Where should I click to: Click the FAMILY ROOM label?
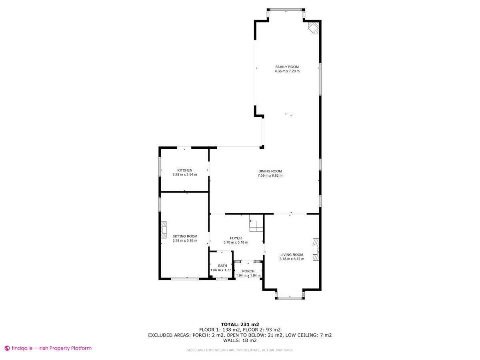click(x=287, y=67)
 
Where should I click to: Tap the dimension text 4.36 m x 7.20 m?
click(x=287, y=71)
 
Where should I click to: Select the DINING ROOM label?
click(x=270, y=171)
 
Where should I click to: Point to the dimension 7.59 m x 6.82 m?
click(x=270, y=176)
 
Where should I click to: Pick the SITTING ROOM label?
click(x=185, y=236)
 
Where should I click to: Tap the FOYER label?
click(x=236, y=238)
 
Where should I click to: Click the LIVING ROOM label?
click(x=292, y=254)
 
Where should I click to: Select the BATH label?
click(x=222, y=266)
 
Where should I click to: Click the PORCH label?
click(x=248, y=271)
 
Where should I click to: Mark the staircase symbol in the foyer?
click(x=256, y=224)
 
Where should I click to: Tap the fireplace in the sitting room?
click(x=163, y=230)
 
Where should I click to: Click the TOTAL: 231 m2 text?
click(x=240, y=324)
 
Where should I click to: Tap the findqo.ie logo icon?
click(x=7, y=348)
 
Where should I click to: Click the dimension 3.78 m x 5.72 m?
click(x=292, y=259)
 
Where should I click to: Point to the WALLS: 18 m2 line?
click(x=240, y=340)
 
